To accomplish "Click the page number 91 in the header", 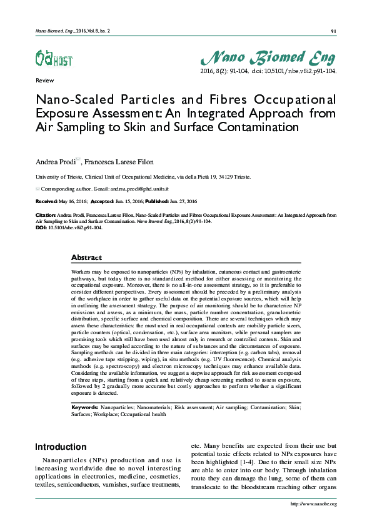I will coord(333,31).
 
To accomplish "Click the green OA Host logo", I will coord(53,58).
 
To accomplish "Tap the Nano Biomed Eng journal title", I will coord(268,58).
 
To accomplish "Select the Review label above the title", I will coord(45,81).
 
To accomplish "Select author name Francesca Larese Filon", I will coord(118,161).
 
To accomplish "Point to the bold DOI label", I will coord(41,227).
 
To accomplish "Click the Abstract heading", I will coord(86,257).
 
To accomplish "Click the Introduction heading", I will coord(61,447).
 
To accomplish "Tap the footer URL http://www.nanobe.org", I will coord(314,504).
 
